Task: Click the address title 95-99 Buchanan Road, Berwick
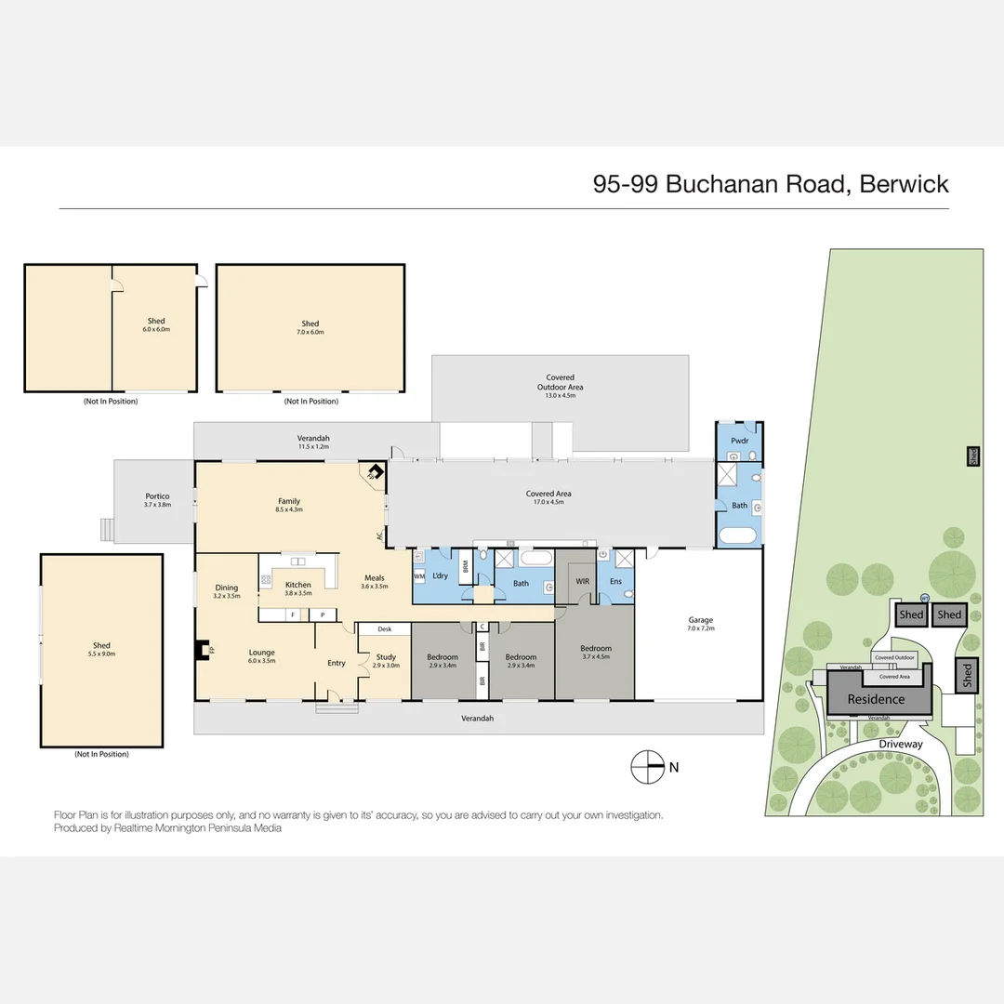click(x=771, y=183)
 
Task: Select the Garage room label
click(x=701, y=619)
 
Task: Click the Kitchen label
click(x=297, y=585)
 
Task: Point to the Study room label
click(x=386, y=657)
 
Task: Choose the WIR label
click(x=583, y=581)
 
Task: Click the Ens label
click(x=615, y=581)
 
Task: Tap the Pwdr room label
click(x=739, y=440)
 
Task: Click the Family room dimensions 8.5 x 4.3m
click(x=289, y=510)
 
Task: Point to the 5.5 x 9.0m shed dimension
click(x=101, y=654)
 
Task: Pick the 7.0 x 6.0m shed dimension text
click(x=310, y=332)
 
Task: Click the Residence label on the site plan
click(x=876, y=699)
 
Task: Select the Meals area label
click(x=376, y=578)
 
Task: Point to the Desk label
click(x=385, y=629)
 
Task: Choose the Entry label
click(x=336, y=663)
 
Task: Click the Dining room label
click(x=227, y=588)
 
